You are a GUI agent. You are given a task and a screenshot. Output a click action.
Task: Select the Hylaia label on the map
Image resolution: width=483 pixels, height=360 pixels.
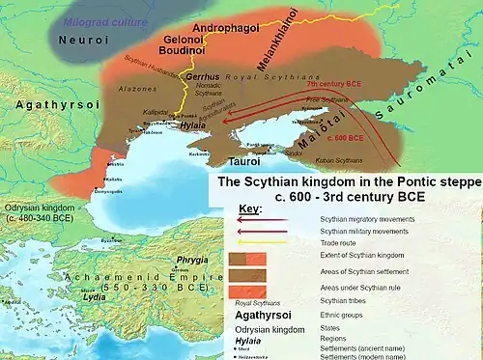click(x=193, y=125)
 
